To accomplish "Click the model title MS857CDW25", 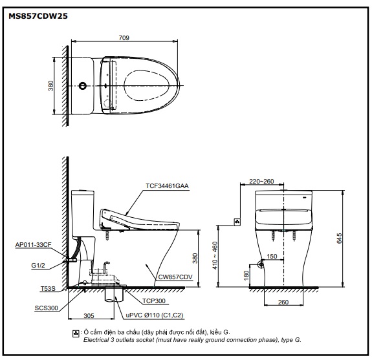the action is tap(38, 16).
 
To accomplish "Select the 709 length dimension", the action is tap(124, 38).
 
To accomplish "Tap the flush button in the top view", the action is tap(83, 85).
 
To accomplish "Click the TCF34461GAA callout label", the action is tap(167, 185).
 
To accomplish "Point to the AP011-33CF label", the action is tap(33, 244).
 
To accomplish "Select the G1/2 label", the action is tap(38, 266).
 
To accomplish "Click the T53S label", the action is tap(48, 288).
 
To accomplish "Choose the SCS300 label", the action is tap(47, 308).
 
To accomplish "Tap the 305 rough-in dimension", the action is tap(89, 315).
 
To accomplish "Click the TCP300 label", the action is tap(154, 301).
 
